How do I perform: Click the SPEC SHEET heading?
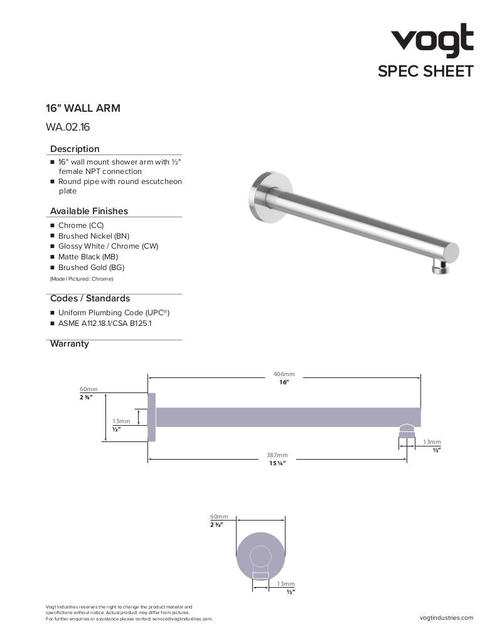pos(425,72)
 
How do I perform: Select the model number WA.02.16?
pos(68,127)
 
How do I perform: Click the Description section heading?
pos(75,149)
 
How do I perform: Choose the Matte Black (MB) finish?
pos(88,257)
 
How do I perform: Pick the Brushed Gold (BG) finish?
pos(91,267)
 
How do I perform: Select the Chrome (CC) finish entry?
pos(81,225)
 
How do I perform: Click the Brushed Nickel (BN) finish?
pos(94,236)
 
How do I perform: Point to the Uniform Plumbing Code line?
pos(114,313)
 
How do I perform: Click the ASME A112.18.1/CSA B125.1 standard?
pos(105,323)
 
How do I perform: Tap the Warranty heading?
pos(69,344)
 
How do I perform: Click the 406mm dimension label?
pos(284,374)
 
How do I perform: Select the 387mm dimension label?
pos(277,455)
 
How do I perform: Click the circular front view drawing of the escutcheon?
pos(261,556)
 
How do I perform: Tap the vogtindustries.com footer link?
pos(446,618)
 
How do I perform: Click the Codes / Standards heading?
pos(90,299)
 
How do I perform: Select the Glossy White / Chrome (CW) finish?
pos(108,246)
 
